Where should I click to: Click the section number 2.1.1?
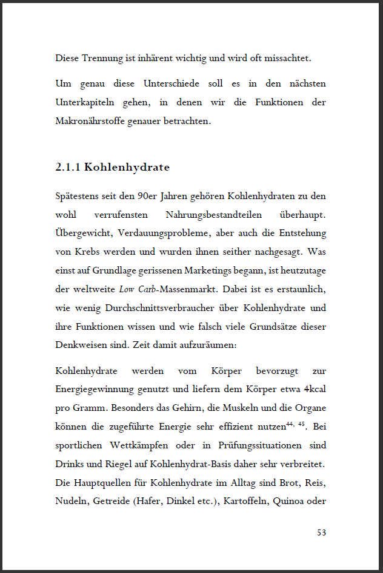point(67,168)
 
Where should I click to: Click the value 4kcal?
point(315,389)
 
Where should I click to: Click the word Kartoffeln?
point(245,501)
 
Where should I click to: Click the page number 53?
point(321,532)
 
